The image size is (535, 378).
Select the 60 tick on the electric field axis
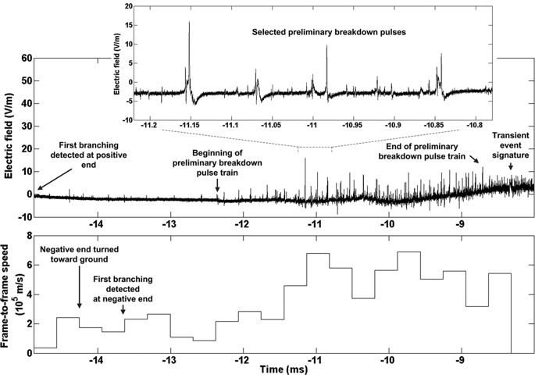pos(25,58)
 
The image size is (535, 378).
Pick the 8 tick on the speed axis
pos(28,235)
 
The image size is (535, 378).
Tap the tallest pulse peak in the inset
pos(188,23)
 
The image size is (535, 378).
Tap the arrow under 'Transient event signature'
pos(511,166)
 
